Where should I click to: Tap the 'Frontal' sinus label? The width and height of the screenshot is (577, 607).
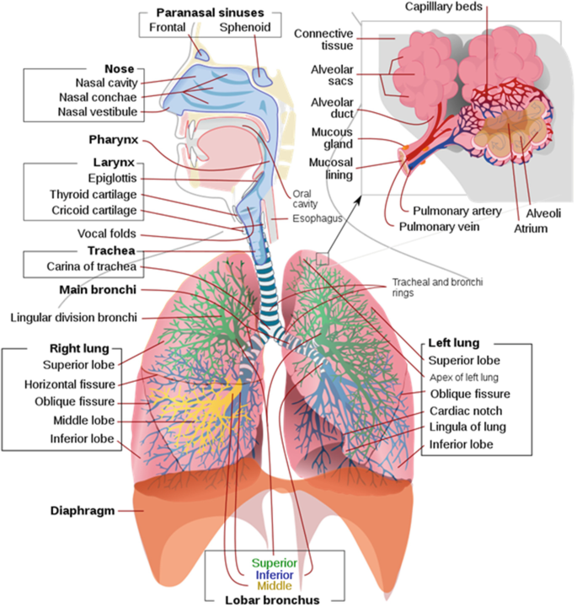[168, 28]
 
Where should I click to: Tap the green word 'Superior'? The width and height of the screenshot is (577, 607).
[275, 562]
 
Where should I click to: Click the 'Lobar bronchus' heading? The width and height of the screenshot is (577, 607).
[274, 600]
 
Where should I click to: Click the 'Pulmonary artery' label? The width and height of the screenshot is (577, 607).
[457, 210]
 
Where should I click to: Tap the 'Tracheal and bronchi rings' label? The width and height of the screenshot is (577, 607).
[437, 287]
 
